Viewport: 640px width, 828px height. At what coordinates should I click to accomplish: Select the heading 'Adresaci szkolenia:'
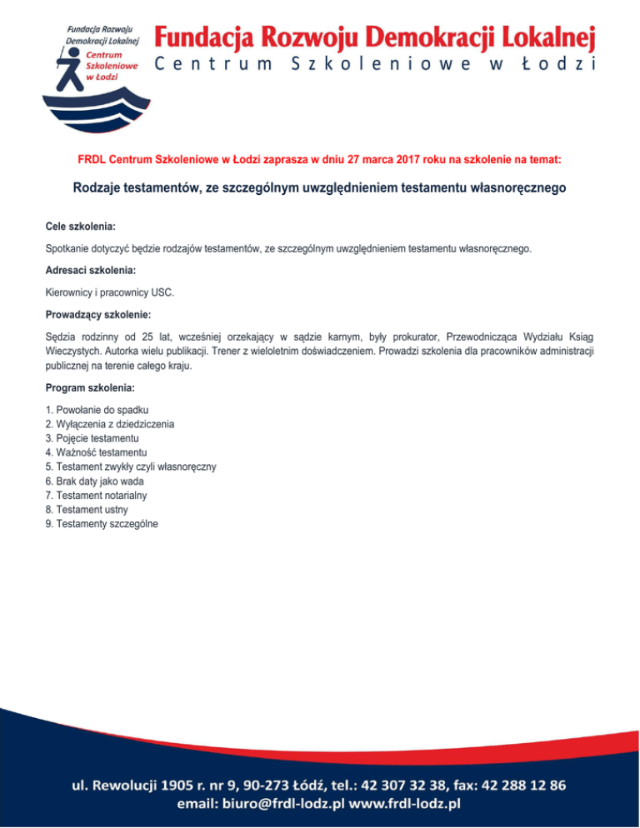[91, 271]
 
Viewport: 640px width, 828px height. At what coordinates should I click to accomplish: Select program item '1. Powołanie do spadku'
[99, 412]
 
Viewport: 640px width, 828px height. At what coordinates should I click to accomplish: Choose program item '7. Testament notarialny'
[99, 496]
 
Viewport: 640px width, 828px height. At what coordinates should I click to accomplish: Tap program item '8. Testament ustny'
[90, 510]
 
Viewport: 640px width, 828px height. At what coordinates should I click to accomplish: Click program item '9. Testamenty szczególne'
[102, 524]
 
